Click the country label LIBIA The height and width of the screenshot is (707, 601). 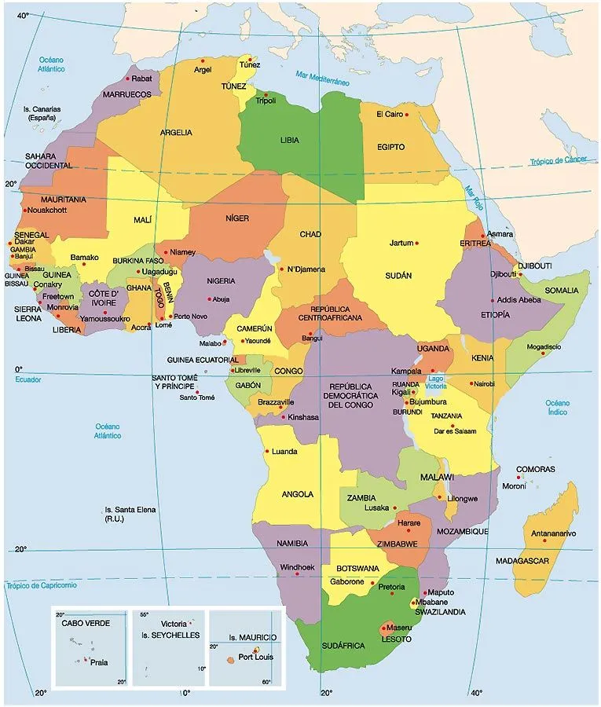(289, 141)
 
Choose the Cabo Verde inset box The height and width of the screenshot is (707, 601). (90, 646)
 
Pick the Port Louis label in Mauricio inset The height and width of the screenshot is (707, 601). (256, 657)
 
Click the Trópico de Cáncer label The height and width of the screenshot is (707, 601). (558, 160)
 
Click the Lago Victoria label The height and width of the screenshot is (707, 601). (436, 383)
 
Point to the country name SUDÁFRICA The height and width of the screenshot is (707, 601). (343, 645)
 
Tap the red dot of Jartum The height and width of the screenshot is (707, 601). (417, 243)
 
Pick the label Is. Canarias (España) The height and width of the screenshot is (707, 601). (42, 113)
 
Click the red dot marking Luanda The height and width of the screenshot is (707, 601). (267, 452)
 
